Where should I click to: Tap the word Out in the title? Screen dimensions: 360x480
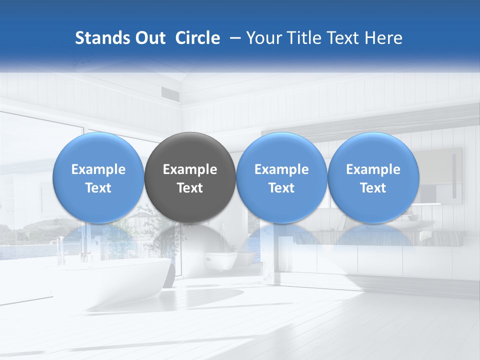coord(149,38)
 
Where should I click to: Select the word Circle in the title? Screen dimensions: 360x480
coord(197,38)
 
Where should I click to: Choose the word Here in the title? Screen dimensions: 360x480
coord(383,38)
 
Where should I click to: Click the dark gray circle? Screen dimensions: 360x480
coord(190,177)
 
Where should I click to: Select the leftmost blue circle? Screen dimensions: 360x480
coord(98,177)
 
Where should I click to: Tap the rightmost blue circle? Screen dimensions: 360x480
coord(373,177)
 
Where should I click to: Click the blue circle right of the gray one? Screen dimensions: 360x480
coord(281,177)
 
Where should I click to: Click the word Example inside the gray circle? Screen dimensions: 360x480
coord(190,169)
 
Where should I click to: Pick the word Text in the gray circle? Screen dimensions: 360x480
coord(190,188)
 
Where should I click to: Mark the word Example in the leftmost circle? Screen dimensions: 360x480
coord(98,169)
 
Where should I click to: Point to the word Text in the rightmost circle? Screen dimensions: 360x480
coord(373,188)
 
